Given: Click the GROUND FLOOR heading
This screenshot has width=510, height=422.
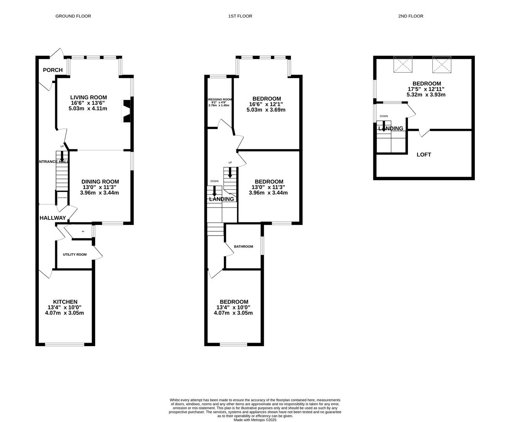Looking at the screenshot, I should click(73, 16).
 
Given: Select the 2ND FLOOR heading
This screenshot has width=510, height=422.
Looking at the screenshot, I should click(411, 16).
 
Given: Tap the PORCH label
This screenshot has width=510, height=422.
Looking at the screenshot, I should click(53, 70).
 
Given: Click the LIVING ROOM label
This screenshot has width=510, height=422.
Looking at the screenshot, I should click(88, 97).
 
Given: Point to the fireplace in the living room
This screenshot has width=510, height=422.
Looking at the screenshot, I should click(126, 111).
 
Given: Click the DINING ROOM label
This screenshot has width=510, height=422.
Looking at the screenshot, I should click(100, 181).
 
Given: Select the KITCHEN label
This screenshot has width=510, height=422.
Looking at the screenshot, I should click(65, 302).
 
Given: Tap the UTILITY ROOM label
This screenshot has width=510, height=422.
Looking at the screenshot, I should click(75, 255).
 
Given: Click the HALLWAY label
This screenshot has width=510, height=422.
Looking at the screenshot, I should click(53, 218).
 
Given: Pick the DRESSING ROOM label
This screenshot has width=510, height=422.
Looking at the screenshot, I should click(220, 100).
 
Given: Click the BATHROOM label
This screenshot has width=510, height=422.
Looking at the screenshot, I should click(243, 247).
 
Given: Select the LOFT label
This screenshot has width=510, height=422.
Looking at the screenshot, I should click(424, 155).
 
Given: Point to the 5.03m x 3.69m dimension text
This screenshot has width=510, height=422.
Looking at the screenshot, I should click(266, 110).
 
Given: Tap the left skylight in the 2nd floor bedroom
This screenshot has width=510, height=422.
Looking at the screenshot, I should click(403, 64).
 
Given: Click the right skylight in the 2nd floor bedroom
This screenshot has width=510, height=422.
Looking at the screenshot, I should click(442, 64).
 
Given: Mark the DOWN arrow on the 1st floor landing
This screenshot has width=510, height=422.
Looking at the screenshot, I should click(214, 191).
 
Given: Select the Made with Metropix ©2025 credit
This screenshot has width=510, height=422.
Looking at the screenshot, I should click(255, 420).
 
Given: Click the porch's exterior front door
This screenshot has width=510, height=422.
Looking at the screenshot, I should click(58, 53).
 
